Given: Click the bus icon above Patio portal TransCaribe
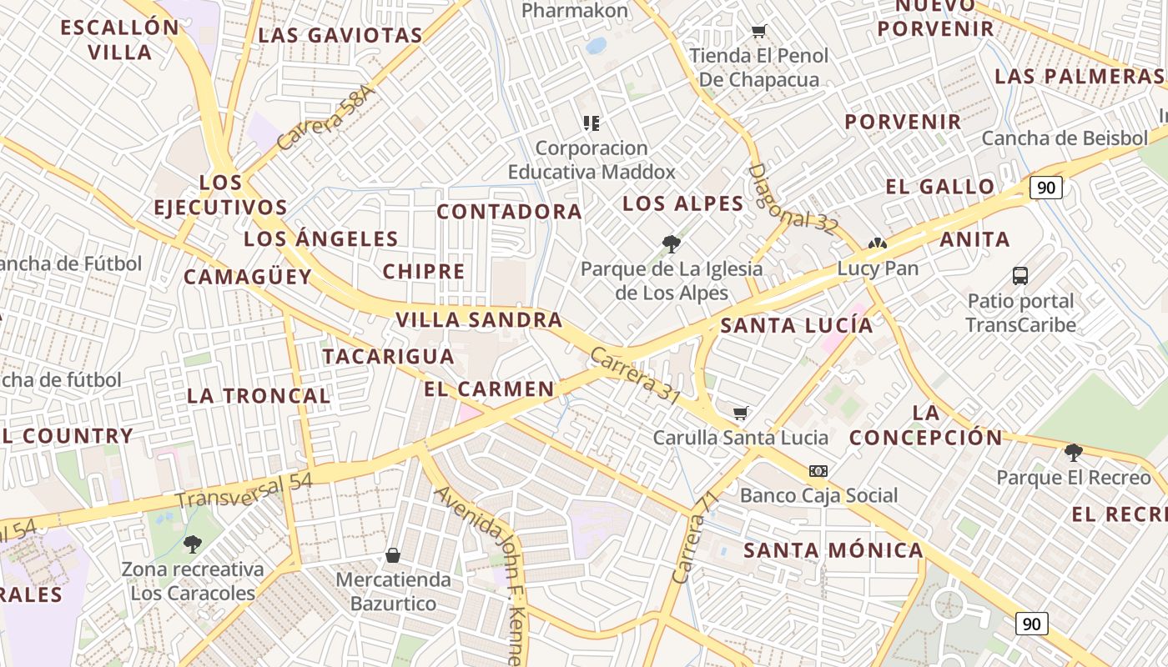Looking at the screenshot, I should pos(1019,276).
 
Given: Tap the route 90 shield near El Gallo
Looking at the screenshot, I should pos(1045,187).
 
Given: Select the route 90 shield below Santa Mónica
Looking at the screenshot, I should pos(1032,623).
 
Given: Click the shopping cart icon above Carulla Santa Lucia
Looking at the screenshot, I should pos(740,413).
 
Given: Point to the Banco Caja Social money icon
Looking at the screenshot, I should pos(818,471).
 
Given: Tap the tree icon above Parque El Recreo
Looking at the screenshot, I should pos(1073,453).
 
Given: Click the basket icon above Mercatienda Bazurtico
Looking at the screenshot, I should pos(393,555).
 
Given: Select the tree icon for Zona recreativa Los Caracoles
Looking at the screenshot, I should pos(193,544).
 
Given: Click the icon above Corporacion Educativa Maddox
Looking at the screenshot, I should pos(592,123).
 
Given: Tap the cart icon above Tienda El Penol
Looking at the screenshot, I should pos(758,32).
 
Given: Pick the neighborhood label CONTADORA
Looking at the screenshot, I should pos(509,212).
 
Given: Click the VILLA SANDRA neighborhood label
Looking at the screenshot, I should pos(479,320).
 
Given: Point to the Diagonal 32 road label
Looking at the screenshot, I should pos(792,199).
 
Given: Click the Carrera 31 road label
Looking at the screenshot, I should pos(634,376).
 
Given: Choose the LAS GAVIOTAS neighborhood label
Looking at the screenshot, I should pos(340,36).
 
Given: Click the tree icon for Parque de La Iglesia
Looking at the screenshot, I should pos(671,244).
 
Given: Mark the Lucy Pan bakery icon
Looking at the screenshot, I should pos(877,244).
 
